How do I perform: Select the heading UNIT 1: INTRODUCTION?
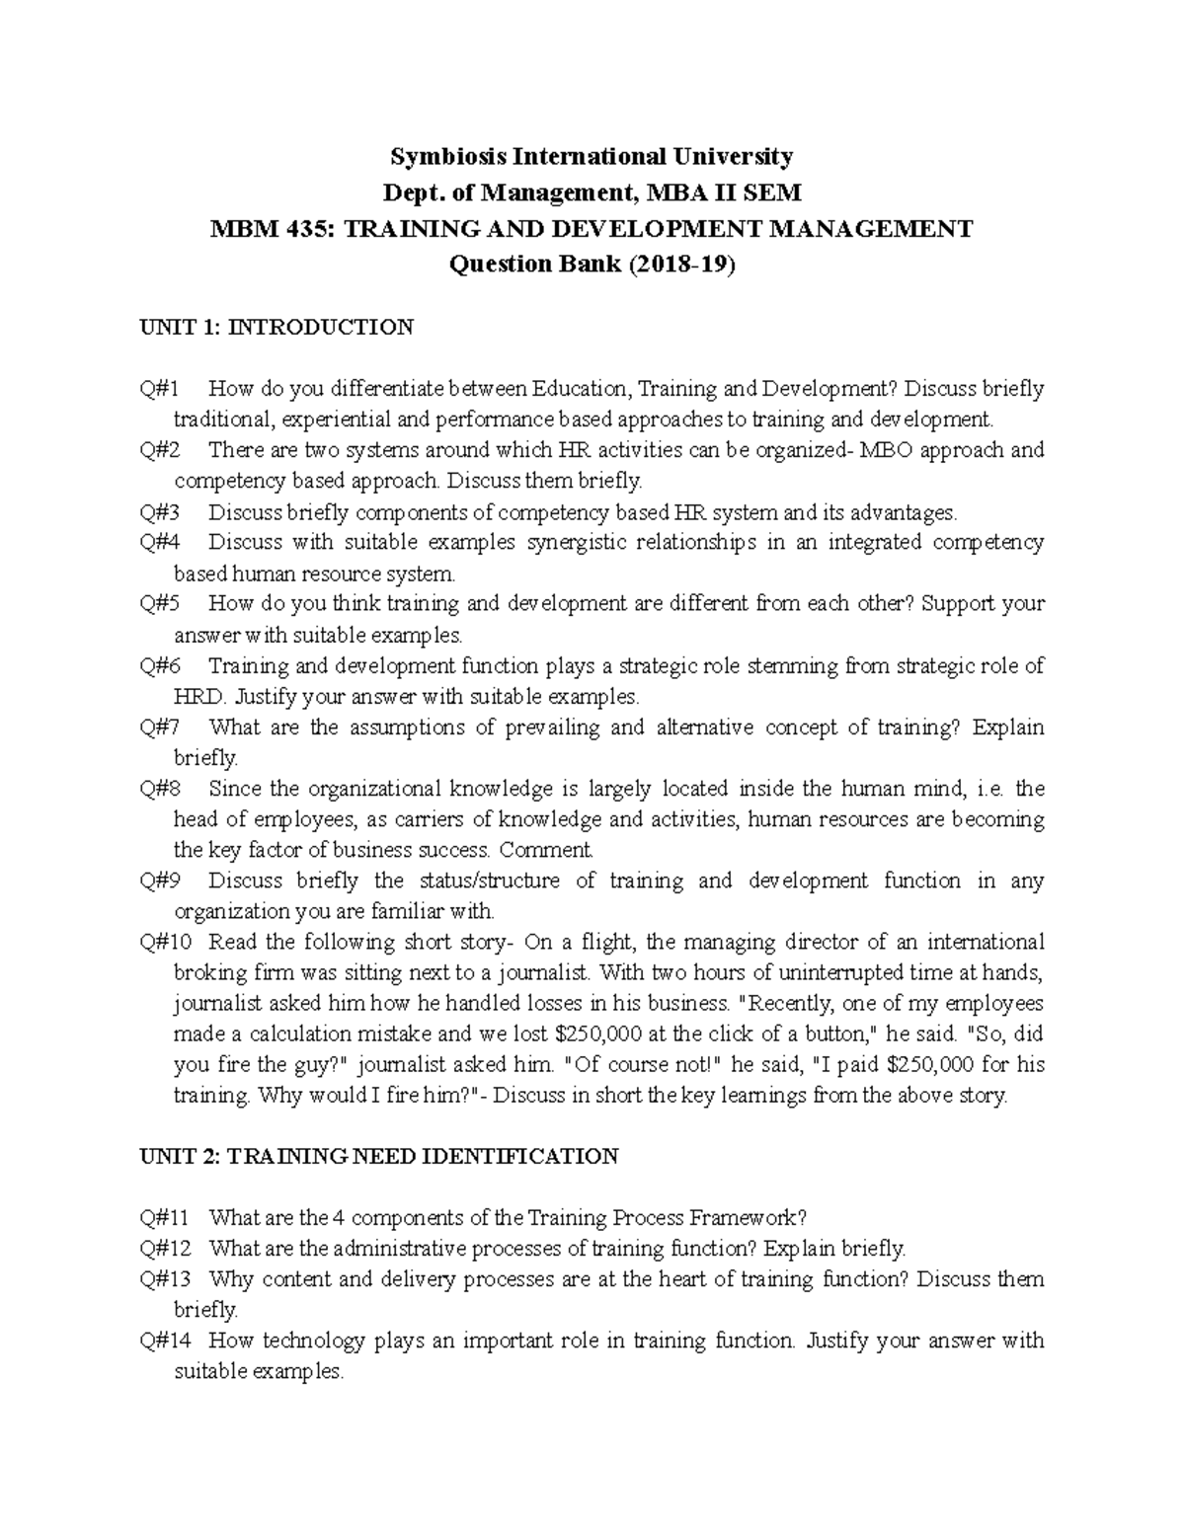276,327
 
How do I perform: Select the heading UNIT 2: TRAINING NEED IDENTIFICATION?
380,1156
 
